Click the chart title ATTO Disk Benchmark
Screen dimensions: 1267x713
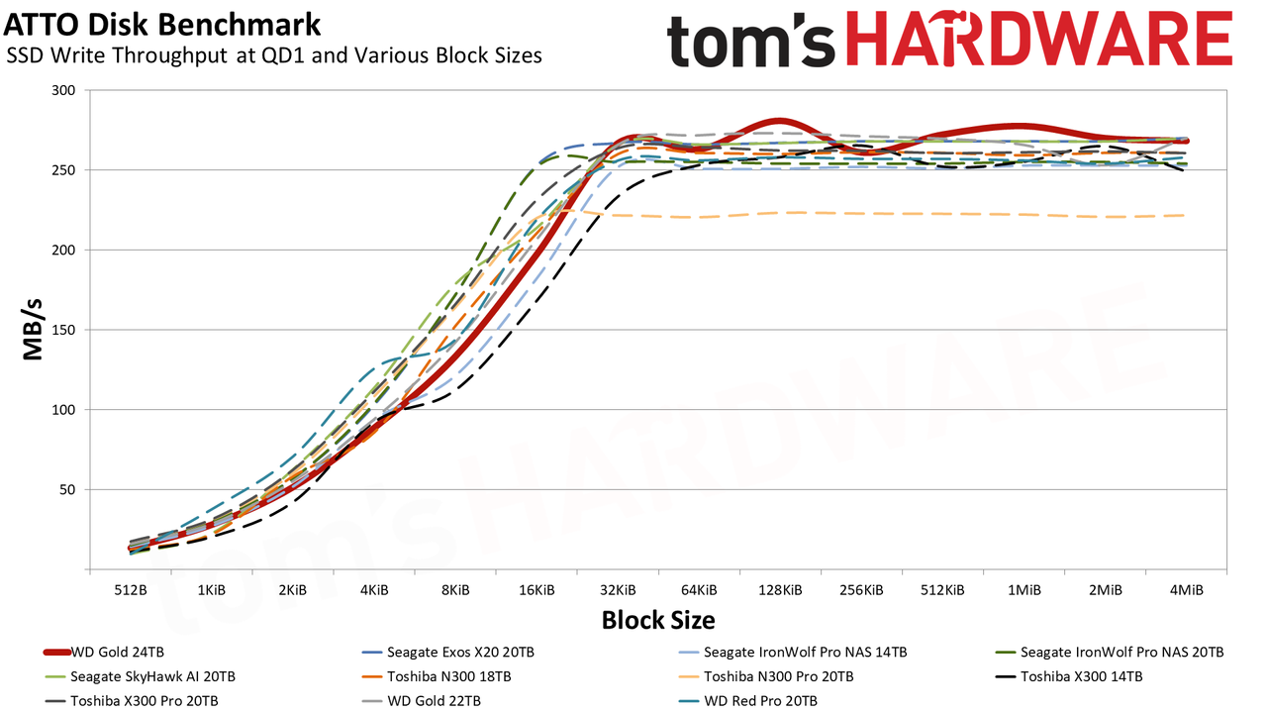[x=162, y=26]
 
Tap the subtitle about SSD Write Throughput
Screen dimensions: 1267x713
[x=274, y=55]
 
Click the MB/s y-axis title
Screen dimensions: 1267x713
[x=33, y=330]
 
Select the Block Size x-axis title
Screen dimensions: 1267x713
[x=658, y=620]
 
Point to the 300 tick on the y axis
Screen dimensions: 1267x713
[x=63, y=90]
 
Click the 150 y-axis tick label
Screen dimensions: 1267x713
[x=63, y=330]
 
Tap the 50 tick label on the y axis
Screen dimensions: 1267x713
[x=67, y=489]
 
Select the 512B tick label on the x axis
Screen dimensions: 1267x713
[x=131, y=590]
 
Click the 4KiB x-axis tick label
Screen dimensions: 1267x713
[x=374, y=590]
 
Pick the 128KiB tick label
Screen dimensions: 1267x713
[x=780, y=590]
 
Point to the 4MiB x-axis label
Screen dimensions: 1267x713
[x=1186, y=590]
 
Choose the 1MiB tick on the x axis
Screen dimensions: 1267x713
[x=1023, y=590]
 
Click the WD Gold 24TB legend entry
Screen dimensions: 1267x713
[x=104, y=653]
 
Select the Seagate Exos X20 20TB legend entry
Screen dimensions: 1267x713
[x=447, y=653]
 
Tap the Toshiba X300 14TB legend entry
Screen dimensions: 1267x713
[x=1069, y=676]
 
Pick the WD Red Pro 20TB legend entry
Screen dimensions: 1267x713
[x=747, y=701]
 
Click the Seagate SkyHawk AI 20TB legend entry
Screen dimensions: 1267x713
[x=140, y=676]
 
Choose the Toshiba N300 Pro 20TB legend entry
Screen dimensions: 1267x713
[x=766, y=676]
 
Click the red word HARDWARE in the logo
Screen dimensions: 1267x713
[x=1039, y=39]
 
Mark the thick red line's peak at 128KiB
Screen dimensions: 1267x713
[x=780, y=121]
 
